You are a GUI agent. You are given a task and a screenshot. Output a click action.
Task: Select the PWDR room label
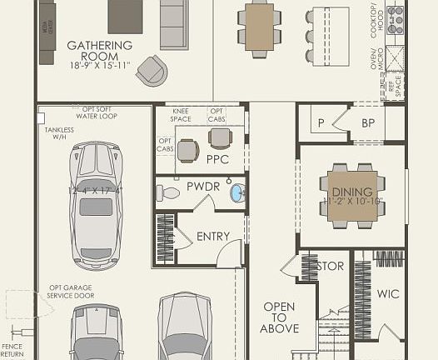(202, 187)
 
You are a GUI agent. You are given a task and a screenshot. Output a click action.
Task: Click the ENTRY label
(212, 237)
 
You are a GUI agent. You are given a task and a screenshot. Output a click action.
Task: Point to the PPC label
(218, 157)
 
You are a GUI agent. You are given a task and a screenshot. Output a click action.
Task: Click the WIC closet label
(388, 293)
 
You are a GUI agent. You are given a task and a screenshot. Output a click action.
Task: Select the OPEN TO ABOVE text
(279, 317)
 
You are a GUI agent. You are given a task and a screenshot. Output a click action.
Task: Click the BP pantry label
(368, 123)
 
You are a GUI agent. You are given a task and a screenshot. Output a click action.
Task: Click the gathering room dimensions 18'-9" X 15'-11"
(100, 64)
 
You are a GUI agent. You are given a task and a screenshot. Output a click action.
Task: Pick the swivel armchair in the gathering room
(152, 70)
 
